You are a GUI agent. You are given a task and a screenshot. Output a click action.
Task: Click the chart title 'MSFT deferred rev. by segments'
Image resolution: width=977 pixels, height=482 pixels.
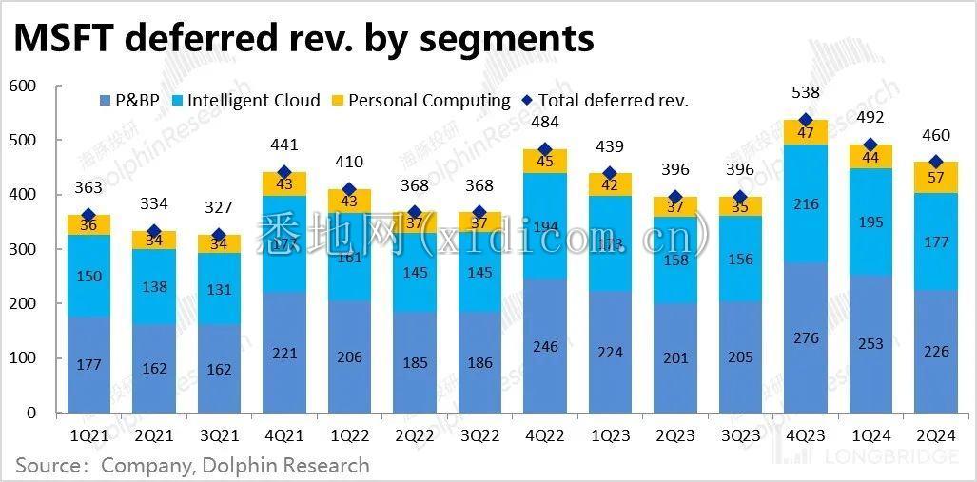(x=303, y=38)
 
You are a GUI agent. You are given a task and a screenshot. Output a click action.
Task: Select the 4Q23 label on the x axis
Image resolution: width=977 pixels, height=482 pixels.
(x=805, y=436)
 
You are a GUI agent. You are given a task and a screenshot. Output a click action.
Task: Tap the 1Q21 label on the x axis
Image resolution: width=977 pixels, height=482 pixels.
(x=88, y=436)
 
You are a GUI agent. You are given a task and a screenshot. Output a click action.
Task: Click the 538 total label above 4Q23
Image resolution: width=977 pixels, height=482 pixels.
(x=806, y=93)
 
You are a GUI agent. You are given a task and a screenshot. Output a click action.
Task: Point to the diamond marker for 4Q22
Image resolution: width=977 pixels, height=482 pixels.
(x=545, y=149)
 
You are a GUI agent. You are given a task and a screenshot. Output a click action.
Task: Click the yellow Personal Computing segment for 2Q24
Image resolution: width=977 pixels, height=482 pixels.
(x=936, y=177)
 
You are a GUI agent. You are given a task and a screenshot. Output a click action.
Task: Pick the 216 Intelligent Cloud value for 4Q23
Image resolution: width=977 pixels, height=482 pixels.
(x=806, y=203)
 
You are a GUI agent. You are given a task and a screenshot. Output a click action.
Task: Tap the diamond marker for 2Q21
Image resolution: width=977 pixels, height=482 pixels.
(x=154, y=231)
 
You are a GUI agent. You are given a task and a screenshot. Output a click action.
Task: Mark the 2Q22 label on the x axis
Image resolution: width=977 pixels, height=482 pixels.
(x=415, y=436)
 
